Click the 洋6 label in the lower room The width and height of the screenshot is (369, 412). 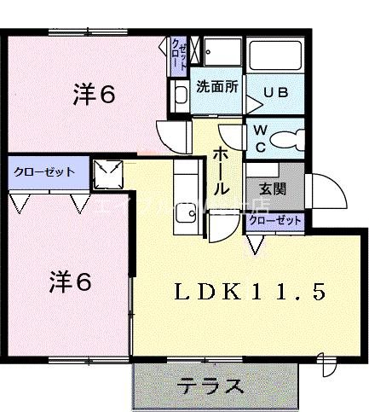point(69,280)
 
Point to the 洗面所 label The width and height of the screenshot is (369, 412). point(217,87)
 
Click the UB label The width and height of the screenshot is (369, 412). point(275,92)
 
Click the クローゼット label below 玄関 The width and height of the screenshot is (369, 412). point(275,220)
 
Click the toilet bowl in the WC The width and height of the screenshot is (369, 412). point(289,137)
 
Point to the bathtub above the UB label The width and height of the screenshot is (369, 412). point(275,55)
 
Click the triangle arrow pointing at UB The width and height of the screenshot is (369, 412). point(253,105)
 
